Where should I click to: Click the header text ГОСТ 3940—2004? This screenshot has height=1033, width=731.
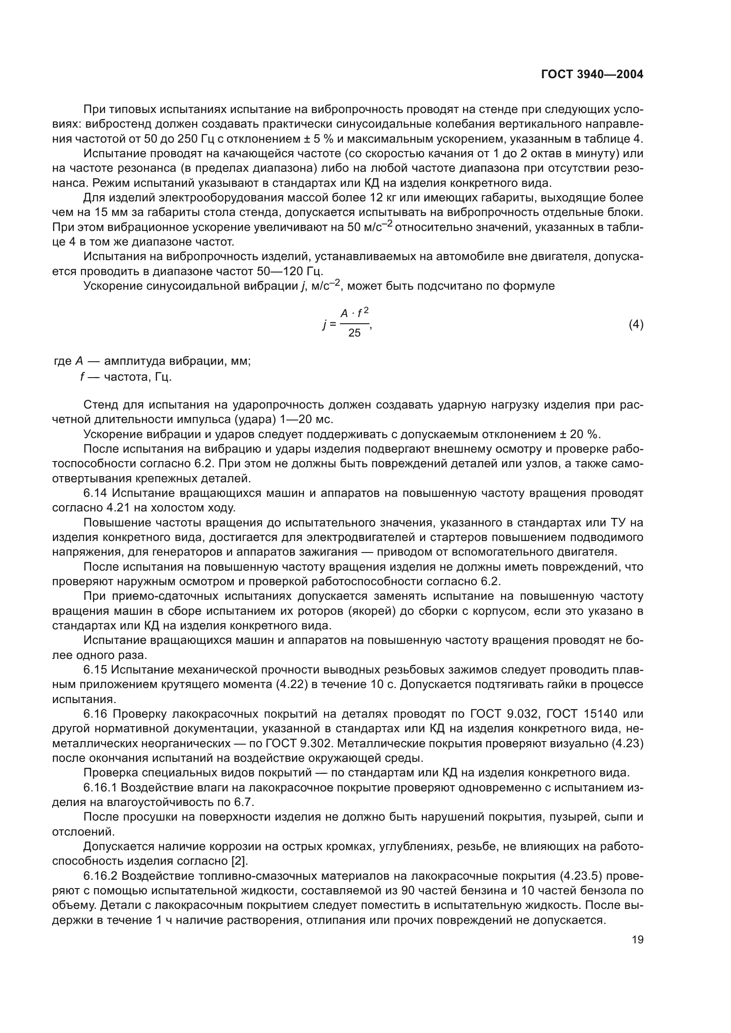[592, 75]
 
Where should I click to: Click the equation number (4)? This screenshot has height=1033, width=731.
[636, 325]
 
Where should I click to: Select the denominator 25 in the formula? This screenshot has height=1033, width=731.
[354, 333]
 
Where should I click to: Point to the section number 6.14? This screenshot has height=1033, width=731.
[95, 493]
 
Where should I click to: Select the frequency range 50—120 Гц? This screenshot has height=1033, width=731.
[290, 271]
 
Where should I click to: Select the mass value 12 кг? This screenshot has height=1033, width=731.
[381, 197]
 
